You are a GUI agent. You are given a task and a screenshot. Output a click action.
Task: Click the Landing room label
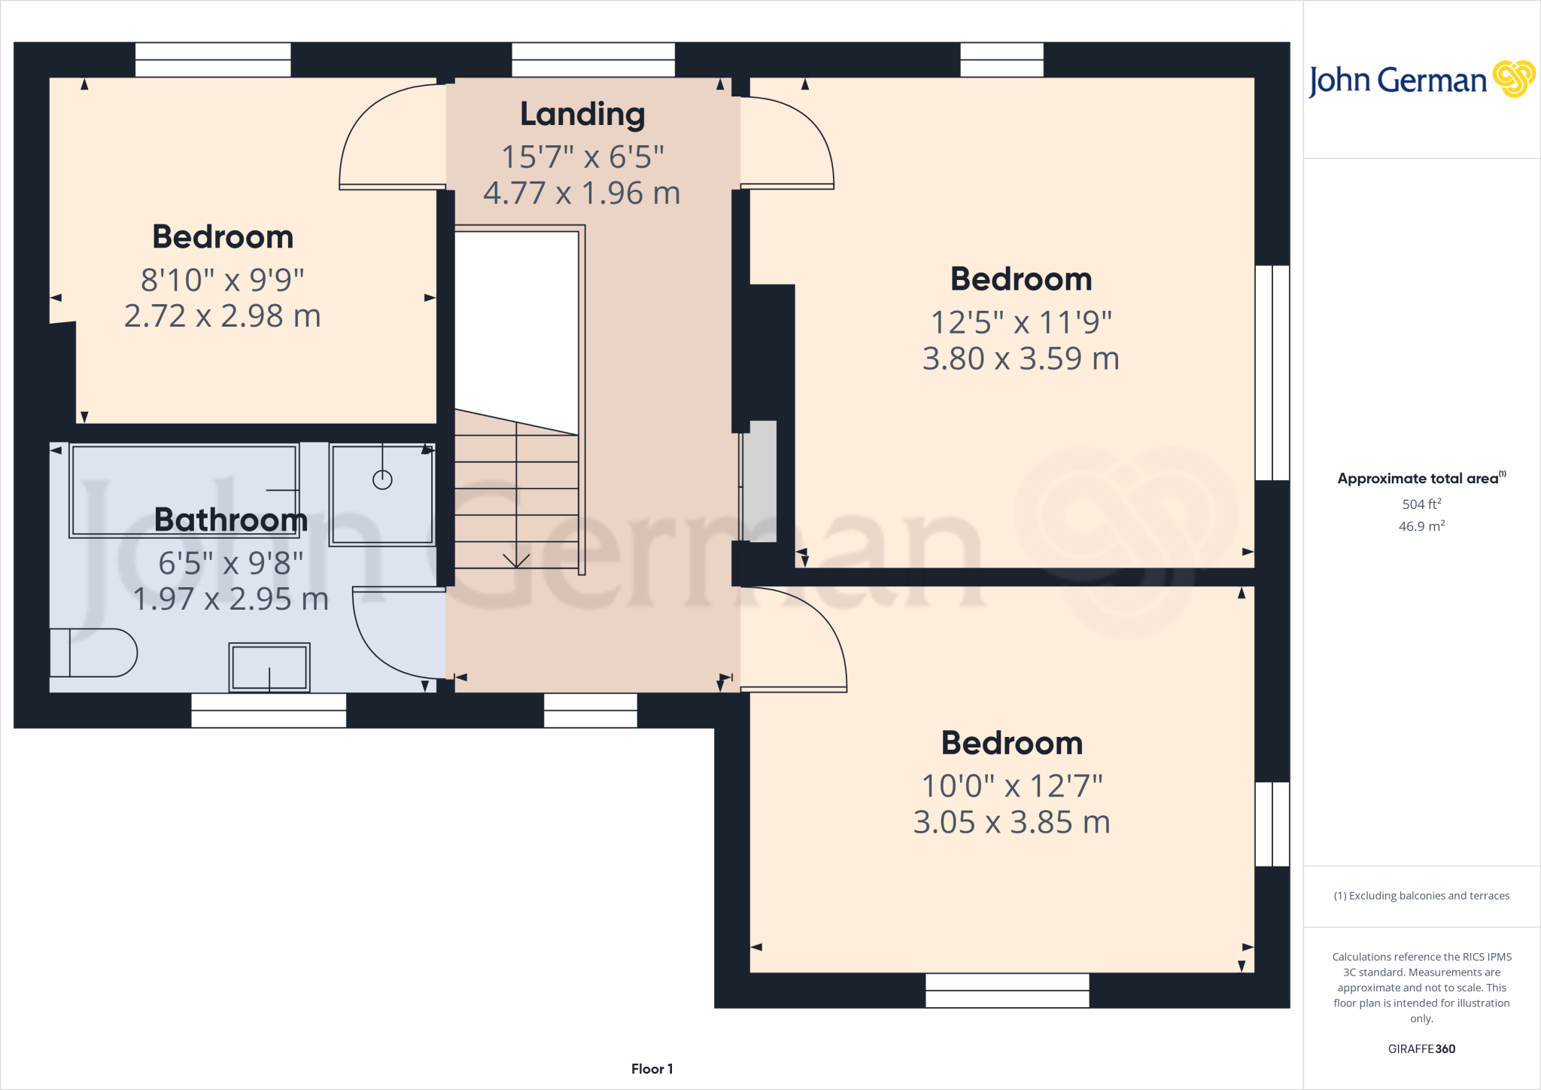click(582, 114)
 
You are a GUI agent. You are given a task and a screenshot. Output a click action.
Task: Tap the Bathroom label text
click(230, 519)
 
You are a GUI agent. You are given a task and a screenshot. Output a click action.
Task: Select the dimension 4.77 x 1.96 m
click(582, 193)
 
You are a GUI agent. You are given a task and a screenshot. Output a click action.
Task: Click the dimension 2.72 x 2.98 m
click(223, 316)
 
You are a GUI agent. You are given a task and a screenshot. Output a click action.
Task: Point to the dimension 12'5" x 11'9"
click(1021, 323)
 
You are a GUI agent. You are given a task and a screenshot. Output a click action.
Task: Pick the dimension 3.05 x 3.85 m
click(1011, 822)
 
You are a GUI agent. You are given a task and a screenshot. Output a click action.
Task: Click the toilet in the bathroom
click(93, 653)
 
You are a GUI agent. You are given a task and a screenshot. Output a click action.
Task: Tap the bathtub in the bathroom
click(184, 490)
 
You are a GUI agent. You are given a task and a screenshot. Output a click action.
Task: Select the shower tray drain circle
click(382, 480)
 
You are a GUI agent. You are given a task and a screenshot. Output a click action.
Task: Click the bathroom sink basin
click(269, 667)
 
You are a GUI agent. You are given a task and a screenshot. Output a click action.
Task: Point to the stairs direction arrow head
click(516, 562)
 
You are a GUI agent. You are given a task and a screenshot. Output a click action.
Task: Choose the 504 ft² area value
click(1421, 504)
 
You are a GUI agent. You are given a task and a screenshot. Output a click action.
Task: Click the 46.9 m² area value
click(1421, 526)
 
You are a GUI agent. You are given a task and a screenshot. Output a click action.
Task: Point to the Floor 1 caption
click(652, 1069)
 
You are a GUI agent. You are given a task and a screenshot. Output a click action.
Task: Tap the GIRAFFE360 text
click(1421, 1049)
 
